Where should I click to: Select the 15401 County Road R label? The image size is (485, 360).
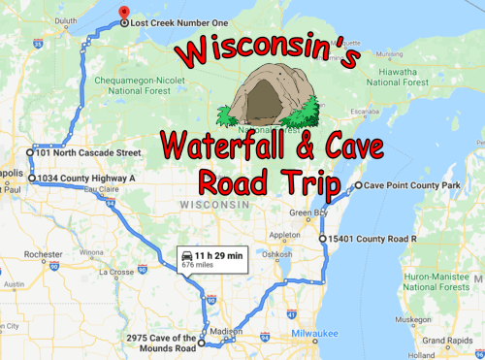pyautogui.click(x=369, y=238)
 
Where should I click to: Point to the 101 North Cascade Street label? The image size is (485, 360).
pyautogui.click(x=87, y=152)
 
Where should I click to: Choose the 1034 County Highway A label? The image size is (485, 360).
pyautogui.click(x=85, y=179)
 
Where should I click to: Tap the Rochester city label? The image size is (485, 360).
pyautogui.click(x=42, y=255)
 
